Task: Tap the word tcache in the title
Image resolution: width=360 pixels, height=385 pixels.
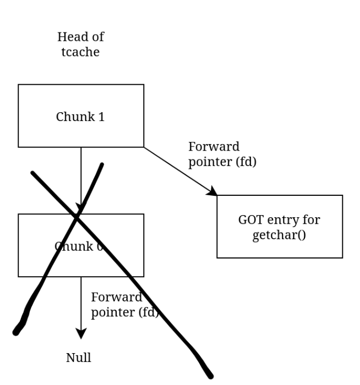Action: click(81, 53)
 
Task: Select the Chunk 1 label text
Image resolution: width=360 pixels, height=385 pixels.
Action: click(80, 117)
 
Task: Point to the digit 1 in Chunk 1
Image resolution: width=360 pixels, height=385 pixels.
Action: click(101, 117)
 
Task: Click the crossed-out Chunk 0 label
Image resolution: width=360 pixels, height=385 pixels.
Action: click(79, 246)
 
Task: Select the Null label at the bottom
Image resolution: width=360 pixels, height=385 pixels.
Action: click(79, 358)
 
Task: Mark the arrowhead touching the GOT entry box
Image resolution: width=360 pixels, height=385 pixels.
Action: click(213, 191)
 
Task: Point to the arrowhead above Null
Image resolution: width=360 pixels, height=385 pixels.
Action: click(81, 334)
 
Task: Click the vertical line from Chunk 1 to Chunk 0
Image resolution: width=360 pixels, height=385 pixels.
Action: click(81, 176)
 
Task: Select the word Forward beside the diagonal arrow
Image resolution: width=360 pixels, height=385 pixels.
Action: click(214, 147)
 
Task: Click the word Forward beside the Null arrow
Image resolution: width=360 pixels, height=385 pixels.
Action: click(116, 298)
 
